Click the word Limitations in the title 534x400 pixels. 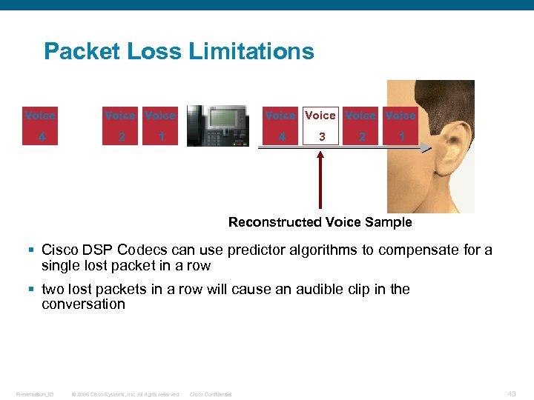click(251, 52)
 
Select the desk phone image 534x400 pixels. click(217, 125)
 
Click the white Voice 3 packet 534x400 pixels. click(320, 125)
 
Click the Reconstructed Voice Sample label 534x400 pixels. click(320, 222)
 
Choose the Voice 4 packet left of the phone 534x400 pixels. click(40, 125)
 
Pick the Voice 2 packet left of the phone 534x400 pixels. click(120, 125)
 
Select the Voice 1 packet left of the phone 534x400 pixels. click(160, 125)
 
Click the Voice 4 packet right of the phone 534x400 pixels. click(280, 125)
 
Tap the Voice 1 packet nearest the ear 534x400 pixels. click(400, 125)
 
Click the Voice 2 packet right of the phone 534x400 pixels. click(360, 125)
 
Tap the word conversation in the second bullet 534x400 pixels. click(83, 304)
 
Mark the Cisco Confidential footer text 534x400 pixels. click(211, 394)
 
